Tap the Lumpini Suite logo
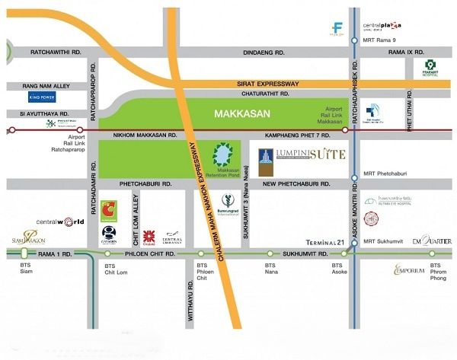(302, 158)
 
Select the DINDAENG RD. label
(262, 53)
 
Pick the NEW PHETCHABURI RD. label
(295, 185)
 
